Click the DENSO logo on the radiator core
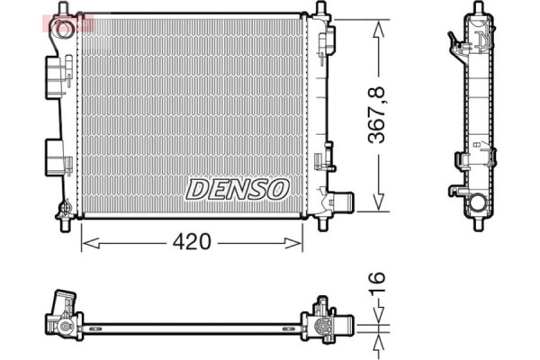(x=238, y=188)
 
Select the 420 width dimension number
(x=193, y=242)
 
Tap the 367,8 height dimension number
(x=379, y=114)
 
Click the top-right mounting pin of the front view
(x=320, y=11)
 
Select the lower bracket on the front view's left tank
(x=57, y=158)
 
